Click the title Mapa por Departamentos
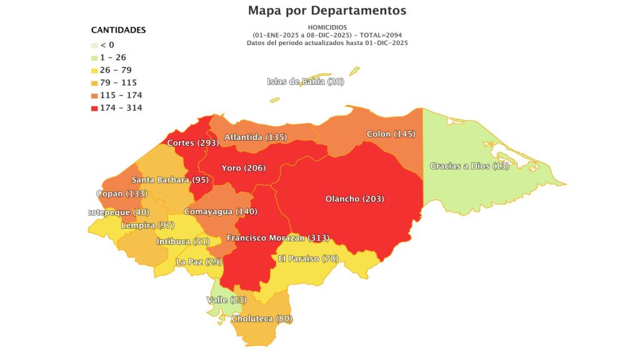pos(327,11)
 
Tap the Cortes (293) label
pos(192,143)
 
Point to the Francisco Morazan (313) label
pos(277,237)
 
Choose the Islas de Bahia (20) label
pos(305,81)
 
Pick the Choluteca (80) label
pos(262,319)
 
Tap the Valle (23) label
pos(226,300)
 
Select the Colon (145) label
pos(391,134)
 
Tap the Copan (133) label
pos(122,193)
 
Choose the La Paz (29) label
pos(199,261)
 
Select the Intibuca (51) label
pos(183,241)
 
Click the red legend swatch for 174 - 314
pos(94,108)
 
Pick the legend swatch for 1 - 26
pos(94,57)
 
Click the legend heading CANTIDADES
pos(118,30)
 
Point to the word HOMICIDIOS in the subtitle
pos(327,27)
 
